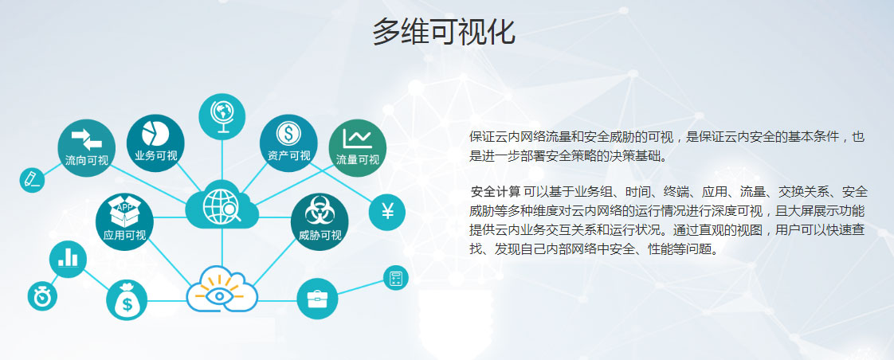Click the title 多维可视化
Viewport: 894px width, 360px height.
pos(444,32)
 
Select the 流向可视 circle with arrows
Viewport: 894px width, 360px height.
pos(87,147)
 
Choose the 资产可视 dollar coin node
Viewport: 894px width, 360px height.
pos(288,143)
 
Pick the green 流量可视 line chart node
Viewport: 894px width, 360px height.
pos(358,147)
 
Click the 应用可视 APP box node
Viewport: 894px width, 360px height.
pos(124,221)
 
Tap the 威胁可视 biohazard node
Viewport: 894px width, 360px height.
pos(320,221)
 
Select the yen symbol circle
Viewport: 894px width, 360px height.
pos(387,213)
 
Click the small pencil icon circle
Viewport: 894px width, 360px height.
pos(32,180)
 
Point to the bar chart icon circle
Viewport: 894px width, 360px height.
pos(68,259)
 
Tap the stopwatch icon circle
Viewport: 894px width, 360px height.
pos(42,296)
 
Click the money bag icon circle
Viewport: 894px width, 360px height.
pos(127,300)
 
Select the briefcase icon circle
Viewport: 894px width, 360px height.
pos(318,299)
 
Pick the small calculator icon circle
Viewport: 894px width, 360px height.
pos(396,278)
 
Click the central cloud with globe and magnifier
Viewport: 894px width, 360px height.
pos(222,205)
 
